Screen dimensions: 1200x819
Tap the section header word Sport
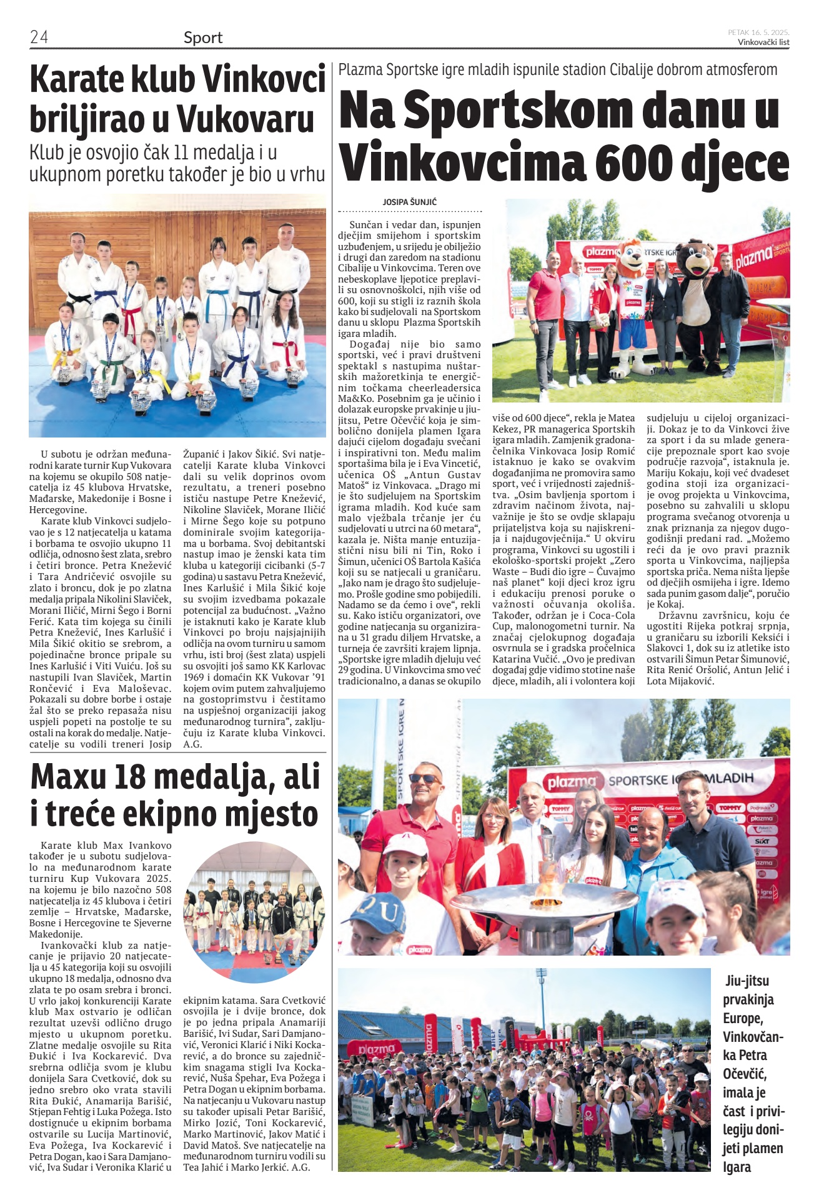click(203, 37)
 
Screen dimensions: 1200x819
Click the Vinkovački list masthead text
click(763, 42)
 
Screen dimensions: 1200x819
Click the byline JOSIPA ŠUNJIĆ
click(410, 202)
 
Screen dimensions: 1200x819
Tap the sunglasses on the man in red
click(424, 779)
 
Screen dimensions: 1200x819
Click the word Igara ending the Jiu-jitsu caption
click(737, 1167)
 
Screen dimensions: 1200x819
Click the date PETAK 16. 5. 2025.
click(758, 32)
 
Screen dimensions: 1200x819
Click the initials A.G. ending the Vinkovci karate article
click(191, 744)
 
